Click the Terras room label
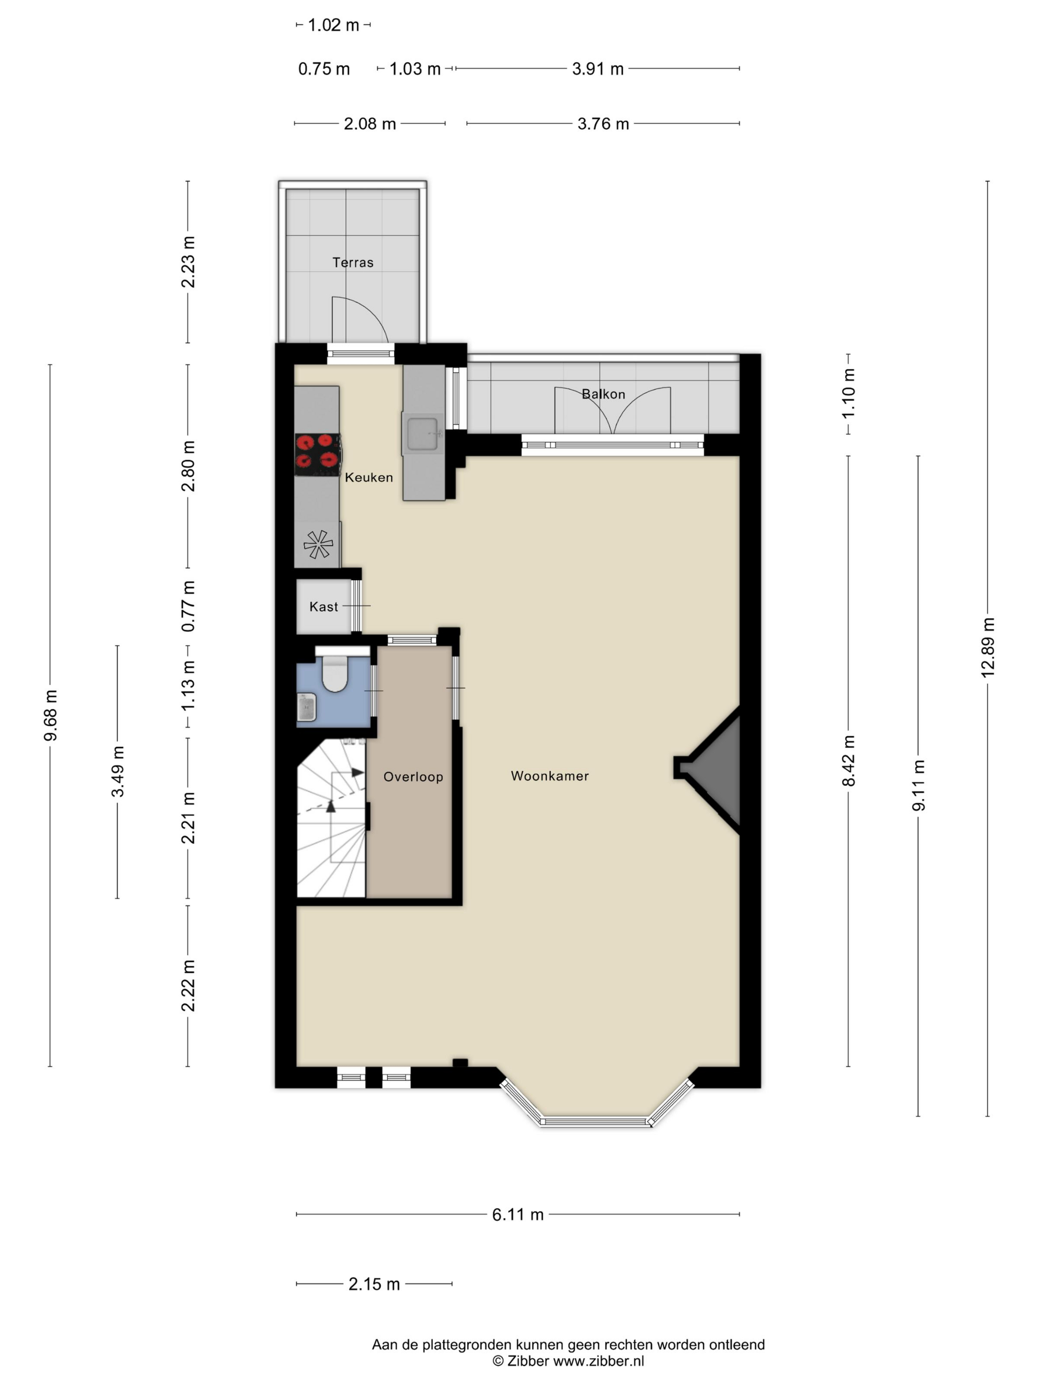(353, 263)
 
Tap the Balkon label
(603, 394)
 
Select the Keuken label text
(369, 477)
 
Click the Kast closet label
(323, 607)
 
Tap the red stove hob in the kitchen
(318, 452)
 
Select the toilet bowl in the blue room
(335, 673)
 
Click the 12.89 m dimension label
(987, 648)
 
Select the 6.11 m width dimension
(518, 1214)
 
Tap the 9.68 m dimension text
(50, 716)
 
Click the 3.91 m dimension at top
(598, 69)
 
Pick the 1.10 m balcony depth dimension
(848, 393)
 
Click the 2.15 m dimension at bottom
(374, 1284)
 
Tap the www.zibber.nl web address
(599, 1361)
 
